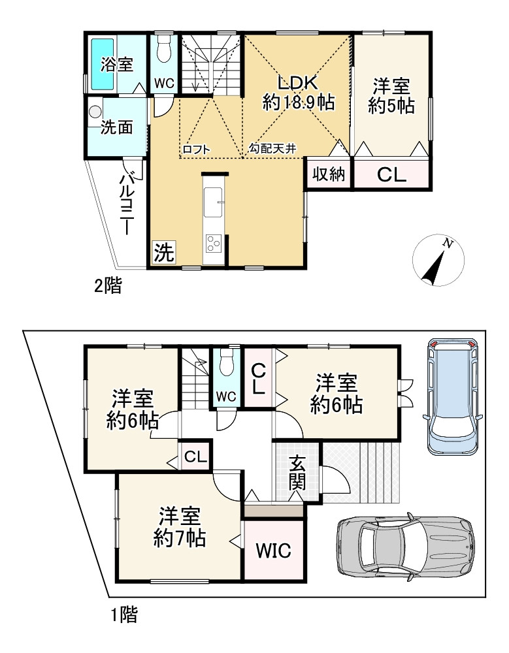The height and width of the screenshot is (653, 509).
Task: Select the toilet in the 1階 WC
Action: (x=226, y=363)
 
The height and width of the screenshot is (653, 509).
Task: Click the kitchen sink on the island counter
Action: (x=214, y=202)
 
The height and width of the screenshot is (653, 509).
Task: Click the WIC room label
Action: (x=274, y=550)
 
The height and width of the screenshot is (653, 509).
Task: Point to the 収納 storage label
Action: (x=328, y=174)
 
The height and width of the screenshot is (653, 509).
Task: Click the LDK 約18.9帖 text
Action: (x=298, y=92)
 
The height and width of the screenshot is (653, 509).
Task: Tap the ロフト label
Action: (x=197, y=150)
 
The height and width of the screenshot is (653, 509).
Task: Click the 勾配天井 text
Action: (x=272, y=150)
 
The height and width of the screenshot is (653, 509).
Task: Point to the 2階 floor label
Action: (x=108, y=285)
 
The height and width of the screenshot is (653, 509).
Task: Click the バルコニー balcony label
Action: (x=128, y=204)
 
